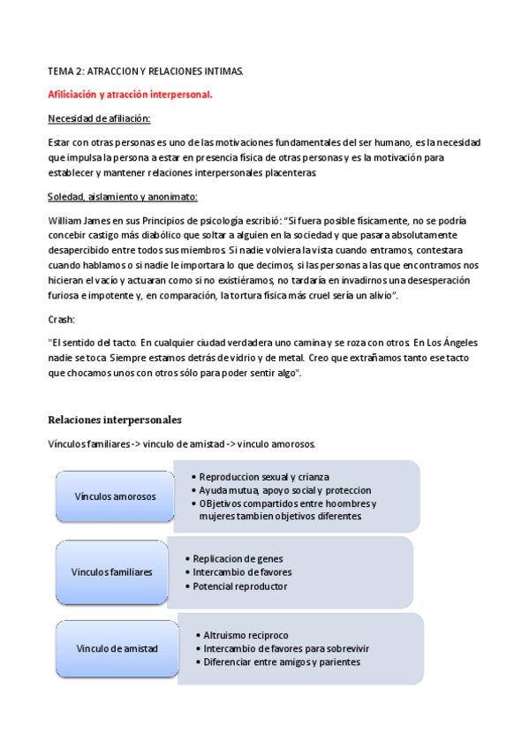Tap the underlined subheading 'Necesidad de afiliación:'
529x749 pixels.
[98, 117]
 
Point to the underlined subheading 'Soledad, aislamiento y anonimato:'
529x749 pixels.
[122, 197]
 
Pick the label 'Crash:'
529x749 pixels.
[62, 319]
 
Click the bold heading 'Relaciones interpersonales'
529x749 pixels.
[115, 420]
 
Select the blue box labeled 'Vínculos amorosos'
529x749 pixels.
[115, 496]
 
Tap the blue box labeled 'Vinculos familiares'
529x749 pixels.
[111, 571]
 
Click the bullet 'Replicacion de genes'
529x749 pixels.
[239, 559]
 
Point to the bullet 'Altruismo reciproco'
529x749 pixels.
[246, 635]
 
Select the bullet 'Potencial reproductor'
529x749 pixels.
[240, 586]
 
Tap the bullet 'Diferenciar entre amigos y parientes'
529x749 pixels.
[282, 662]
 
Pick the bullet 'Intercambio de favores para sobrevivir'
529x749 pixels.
[286, 648]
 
